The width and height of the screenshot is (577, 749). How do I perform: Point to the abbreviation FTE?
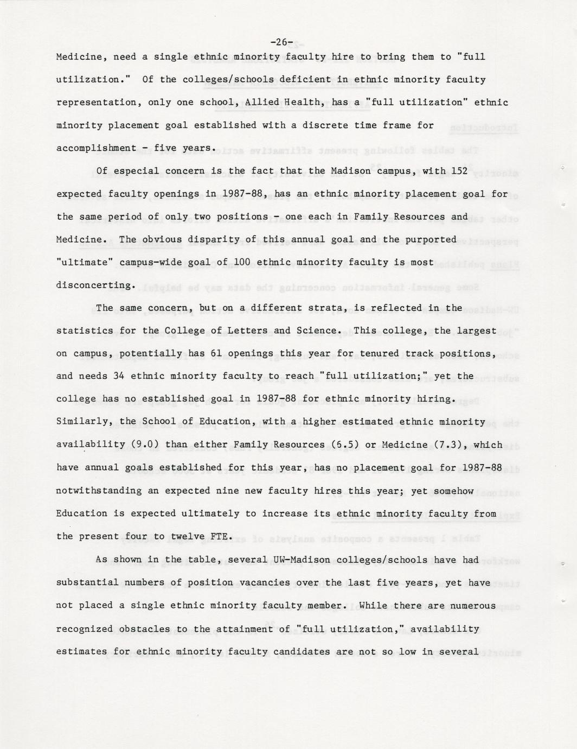[222, 536]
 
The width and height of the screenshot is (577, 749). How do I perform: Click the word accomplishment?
[96, 148]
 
